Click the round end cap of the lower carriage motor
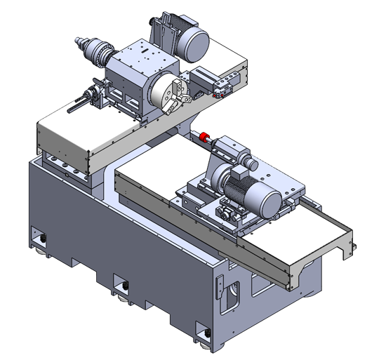(269, 204)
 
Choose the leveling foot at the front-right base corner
(204, 334)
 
